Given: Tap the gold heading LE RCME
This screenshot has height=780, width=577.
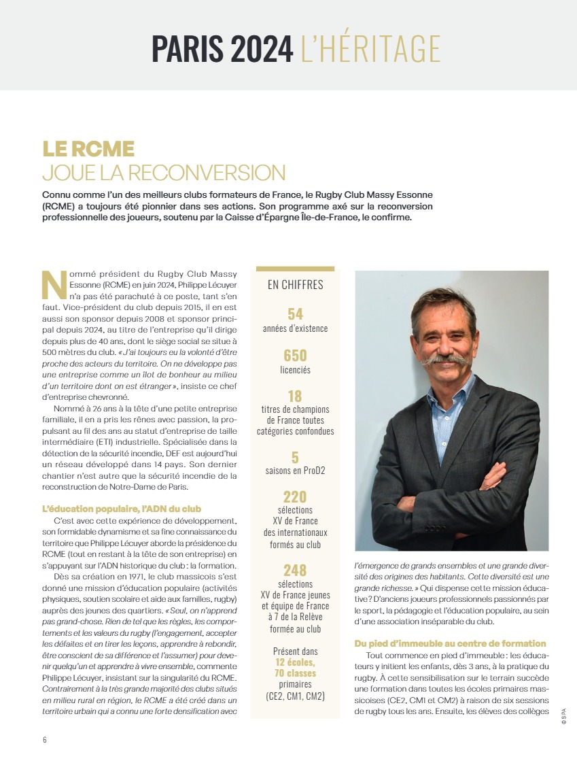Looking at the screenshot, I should click(x=88, y=149).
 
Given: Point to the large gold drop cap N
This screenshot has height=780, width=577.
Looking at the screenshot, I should click(x=54, y=285).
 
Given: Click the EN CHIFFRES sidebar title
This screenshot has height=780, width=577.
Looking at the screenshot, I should click(x=295, y=285).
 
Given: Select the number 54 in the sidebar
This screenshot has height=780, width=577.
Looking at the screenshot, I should click(x=295, y=314).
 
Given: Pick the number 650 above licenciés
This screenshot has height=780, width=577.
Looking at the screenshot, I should click(x=295, y=356).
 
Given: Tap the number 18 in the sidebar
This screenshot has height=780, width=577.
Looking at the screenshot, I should click(x=295, y=396).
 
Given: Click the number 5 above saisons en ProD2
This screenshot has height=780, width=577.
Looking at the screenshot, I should click(x=295, y=457).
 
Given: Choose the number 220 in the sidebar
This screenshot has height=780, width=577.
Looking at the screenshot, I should click(x=295, y=497).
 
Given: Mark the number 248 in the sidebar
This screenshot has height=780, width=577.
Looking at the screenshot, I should click(x=295, y=570).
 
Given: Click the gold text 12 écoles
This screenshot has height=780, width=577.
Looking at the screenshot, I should click(x=295, y=662).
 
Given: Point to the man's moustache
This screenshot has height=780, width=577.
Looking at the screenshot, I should click(x=447, y=358).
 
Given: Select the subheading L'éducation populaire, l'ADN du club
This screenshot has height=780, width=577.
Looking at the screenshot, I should click(x=122, y=509).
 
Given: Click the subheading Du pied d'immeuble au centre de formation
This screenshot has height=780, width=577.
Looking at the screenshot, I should click(x=450, y=643).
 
